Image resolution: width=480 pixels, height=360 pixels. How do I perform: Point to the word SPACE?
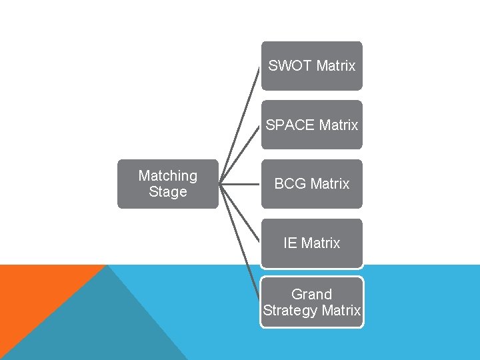291,125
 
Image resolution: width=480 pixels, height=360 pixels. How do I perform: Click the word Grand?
311,294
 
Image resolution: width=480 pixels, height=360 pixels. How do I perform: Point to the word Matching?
167,175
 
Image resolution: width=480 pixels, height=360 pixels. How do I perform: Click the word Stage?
167,192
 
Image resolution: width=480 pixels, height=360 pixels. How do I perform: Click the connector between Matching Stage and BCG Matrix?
240,183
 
